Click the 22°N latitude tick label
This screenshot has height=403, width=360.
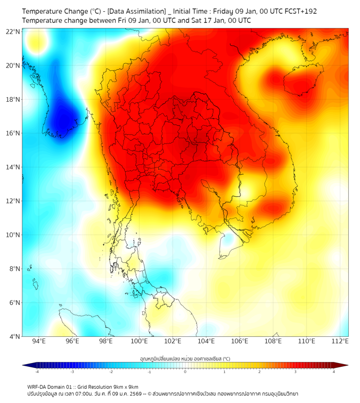coord(13,31)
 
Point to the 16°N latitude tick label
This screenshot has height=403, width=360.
coord(13,133)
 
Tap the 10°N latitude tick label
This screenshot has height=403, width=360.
coord(13,235)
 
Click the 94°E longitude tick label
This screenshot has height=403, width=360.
coord(39,341)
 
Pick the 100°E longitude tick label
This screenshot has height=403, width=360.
coord(140,341)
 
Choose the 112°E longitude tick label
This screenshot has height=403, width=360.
coord(340,341)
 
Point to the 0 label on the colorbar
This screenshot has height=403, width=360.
coord(185,372)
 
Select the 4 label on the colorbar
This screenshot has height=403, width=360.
coord(334,372)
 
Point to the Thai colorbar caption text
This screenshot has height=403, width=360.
coord(185,359)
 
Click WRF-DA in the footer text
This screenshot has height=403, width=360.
coord(37,387)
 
